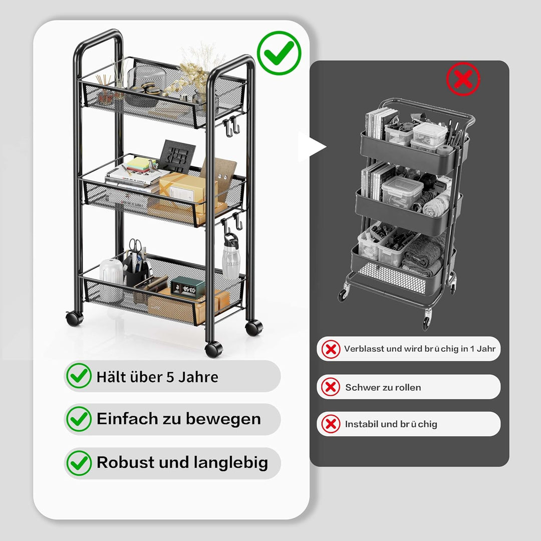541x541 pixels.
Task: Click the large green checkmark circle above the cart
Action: [x=279, y=53]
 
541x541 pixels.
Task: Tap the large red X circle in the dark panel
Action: [x=463, y=79]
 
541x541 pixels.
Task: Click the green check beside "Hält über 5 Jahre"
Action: [x=79, y=376]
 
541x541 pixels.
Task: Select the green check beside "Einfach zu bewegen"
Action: [x=79, y=419]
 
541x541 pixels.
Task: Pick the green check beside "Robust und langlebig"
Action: [x=79, y=463]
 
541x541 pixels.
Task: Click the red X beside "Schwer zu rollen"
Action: [x=331, y=386]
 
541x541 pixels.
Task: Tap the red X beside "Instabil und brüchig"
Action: [x=331, y=424]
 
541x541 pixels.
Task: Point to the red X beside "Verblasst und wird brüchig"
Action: [x=331, y=349]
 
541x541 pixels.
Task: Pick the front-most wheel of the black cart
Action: [x=213, y=349]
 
